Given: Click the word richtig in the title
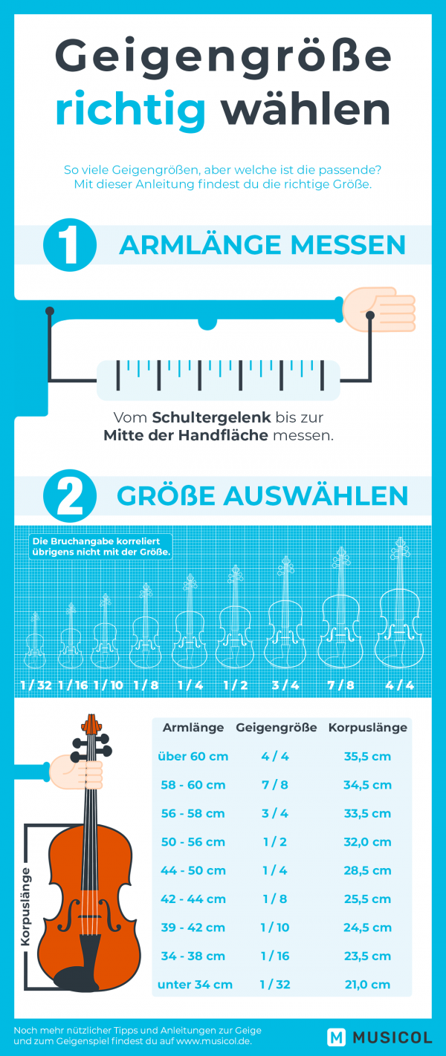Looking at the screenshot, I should (131, 110).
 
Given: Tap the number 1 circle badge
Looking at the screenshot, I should (69, 245).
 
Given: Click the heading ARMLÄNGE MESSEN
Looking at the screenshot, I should (262, 245).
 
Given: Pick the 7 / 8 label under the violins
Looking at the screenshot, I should (340, 685).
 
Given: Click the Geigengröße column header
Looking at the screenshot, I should (277, 728).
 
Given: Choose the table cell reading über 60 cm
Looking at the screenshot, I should (193, 757).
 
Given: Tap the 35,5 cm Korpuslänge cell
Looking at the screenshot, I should (367, 757).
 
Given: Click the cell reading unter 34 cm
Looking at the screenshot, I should (195, 985).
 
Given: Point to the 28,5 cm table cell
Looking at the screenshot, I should (367, 870).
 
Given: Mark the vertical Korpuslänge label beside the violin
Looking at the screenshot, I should (25, 906).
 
